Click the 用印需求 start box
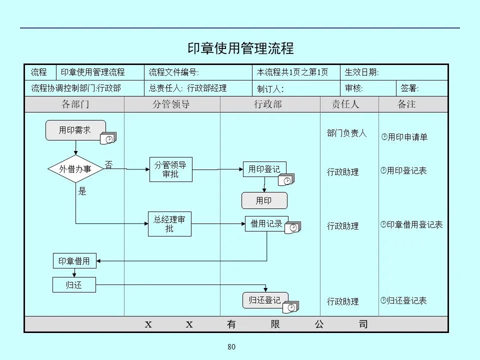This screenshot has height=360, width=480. click(75, 130)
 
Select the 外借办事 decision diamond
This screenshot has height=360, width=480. click(75, 169)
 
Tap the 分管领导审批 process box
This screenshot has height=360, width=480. click(170, 169)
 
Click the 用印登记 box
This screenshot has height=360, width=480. click(264, 169)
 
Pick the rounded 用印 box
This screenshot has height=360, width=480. click(264, 200)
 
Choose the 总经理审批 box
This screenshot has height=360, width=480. click(169, 223)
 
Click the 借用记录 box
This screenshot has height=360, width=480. click(266, 223)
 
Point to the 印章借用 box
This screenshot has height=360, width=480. click(74, 260)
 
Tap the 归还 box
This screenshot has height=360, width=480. click(74, 285)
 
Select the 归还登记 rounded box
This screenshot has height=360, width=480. click(265, 300)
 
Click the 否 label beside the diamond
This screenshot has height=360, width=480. click(108, 164)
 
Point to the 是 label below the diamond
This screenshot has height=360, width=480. click(82, 191)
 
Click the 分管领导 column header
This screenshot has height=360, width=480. click(171, 104)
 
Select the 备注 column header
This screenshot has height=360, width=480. click(406, 104)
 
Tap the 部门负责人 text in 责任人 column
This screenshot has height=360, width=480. click(346, 133)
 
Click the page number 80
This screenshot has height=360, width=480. click(231, 347)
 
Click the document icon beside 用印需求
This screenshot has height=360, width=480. click(108, 139)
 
